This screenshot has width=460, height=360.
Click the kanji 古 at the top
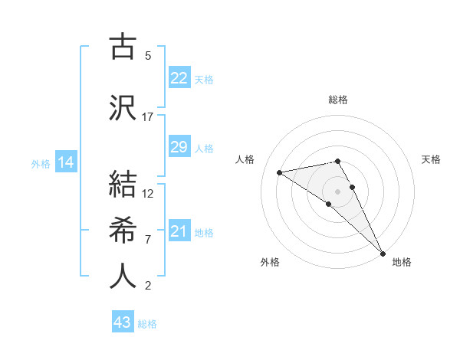[x=123, y=47]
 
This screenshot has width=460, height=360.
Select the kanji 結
[x=123, y=184]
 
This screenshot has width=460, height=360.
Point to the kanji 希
[x=123, y=230]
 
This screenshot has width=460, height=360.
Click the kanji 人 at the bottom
[x=123, y=276]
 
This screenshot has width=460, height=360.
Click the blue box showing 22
[x=179, y=78]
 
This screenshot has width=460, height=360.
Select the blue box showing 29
[x=179, y=147]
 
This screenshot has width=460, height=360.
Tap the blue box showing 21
[x=179, y=231]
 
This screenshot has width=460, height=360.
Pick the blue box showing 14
[x=65, y=162]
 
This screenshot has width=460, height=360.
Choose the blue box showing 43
[x=123, y=322]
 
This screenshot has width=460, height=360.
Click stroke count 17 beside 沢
[x=147, y=117]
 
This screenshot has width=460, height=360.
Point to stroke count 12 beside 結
[x=148, y=193]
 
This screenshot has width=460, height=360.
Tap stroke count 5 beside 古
[x=147, y=55]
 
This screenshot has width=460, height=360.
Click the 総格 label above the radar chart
[x=337, y=100]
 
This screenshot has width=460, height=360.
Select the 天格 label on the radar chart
[x=431, y=159]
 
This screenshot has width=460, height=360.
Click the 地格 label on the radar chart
[x=402, y=262]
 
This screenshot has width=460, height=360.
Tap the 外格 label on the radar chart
[x=270, y=262]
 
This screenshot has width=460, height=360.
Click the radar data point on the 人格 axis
[x=280, y=172]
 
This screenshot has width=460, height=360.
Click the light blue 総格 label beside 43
[x=147, y=324]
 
